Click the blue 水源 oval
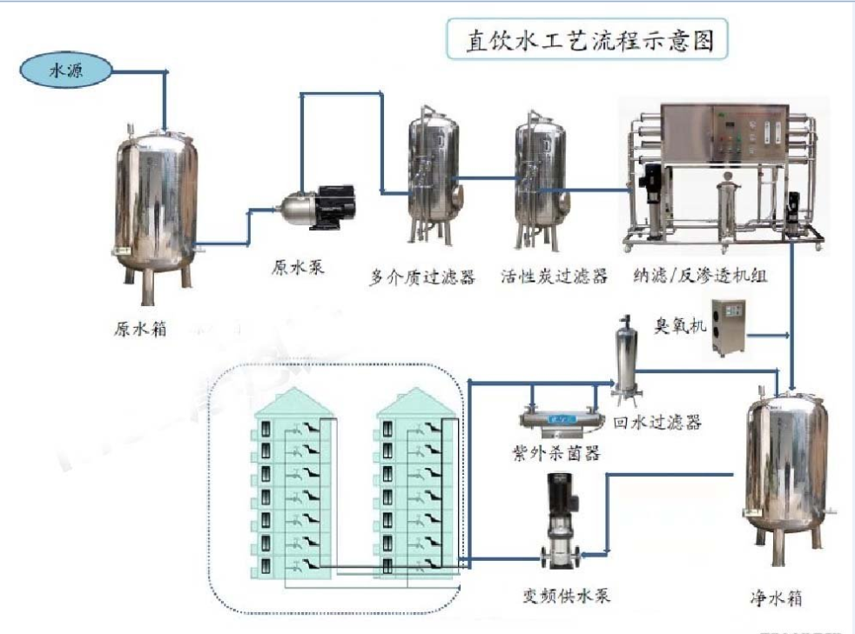pos(66,70)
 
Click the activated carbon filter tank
pos(539,178)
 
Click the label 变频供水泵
pos(564,595)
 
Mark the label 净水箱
pos(776,599)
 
